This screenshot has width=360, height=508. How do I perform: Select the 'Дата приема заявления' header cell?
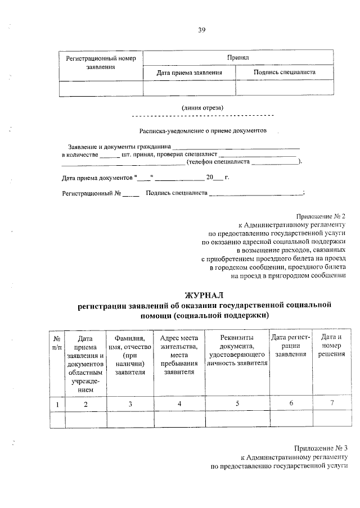pyautogui.click(x=189, y=72)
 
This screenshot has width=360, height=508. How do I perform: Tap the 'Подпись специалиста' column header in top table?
pyautogui.click(x=284, y=72)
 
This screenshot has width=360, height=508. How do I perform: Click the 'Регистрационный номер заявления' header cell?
pyautogui.click(x=101, y=62)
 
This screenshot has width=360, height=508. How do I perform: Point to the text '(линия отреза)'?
pyautogui.click(x=202, y=107)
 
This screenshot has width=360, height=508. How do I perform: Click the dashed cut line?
pyautogui.click(x=202, y=116)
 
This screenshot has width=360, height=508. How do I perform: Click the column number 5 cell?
pyautogui.click(x=237, y=403)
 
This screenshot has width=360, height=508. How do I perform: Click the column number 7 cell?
pyautogui.click(x=331, y=403)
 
